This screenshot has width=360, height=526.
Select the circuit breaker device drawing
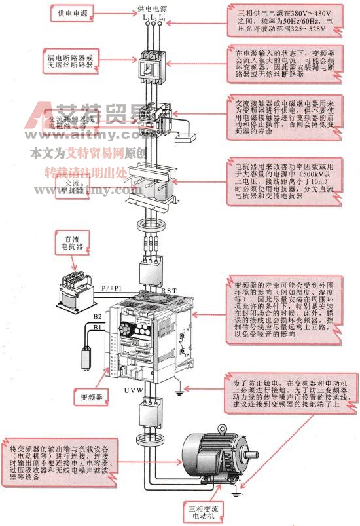[x=151, y=66]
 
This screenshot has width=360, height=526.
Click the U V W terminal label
[x=135, y=391]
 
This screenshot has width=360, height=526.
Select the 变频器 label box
[x=92, y=396]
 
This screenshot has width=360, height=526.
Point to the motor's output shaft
[x=253, y=454]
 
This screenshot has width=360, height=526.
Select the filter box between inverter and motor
[x=152, y=414]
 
